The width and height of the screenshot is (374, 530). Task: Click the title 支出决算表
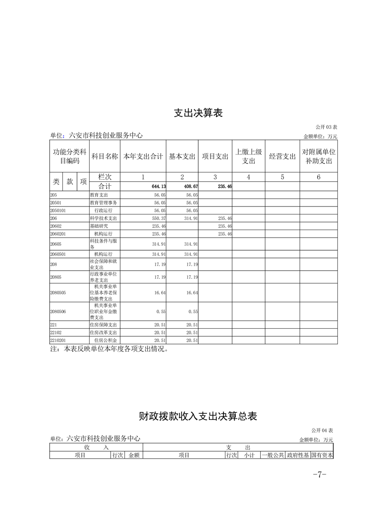(198, 113)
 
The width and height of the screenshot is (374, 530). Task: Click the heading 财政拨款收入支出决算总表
(198, 416)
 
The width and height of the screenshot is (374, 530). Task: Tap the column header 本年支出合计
(143, 156)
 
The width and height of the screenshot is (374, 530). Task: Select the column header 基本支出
(182, 156)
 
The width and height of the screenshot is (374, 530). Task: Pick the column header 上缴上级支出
(249, 156)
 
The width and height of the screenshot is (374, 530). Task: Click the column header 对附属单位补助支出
(318, 156)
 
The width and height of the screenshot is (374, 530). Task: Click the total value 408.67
(189, 187)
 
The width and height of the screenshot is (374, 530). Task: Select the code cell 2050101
(58, 211)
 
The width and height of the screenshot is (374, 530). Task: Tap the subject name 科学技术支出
(104, 219)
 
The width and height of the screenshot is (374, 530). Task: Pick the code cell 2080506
(58, 312)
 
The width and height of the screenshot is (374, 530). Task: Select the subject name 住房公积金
(105, 340)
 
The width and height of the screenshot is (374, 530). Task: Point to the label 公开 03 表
(326, 128)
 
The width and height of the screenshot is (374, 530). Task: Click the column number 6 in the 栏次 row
(318, 177)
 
